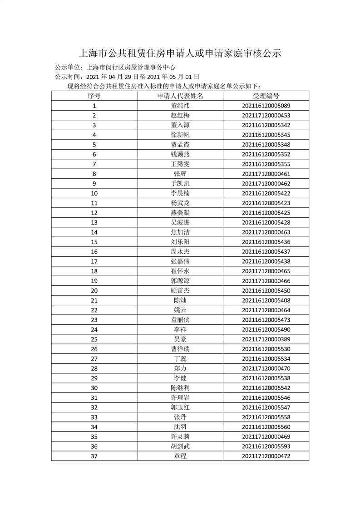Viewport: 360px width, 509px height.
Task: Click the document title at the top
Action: [x=180, y=54]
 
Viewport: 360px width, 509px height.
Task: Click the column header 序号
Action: [x=94, y=96]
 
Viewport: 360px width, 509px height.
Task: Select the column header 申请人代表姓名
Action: [x=180, y=96]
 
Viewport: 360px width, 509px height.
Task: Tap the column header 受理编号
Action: [x=266, y=96]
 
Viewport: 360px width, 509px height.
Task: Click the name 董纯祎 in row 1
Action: [x=180, y=106]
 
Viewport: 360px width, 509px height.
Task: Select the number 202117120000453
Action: [x=266, y=116]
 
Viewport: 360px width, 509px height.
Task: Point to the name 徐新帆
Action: [x=180, y=135]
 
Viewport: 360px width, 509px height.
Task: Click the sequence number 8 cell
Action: [x=94, y=174]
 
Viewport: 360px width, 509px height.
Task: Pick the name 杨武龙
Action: [x=180, y=203]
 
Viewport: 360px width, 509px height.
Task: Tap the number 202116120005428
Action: [x=266, y=222]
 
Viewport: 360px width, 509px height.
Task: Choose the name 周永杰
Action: [x=180, y=252]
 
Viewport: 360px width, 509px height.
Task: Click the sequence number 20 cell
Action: [x=94, y=290]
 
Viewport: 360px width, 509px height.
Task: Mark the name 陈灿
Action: [x=180, y=300]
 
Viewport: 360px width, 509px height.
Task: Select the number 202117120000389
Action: [x=266, y=339]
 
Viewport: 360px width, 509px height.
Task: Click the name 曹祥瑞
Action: [x=180, y=349]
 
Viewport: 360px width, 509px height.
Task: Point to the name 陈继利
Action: [x=180, y=388]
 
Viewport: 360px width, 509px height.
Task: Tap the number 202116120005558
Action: [x=266, y=417]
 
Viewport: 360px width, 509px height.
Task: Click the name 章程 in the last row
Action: [x=180, y=456]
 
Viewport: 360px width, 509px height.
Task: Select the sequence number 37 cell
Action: [x=94, y=456]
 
